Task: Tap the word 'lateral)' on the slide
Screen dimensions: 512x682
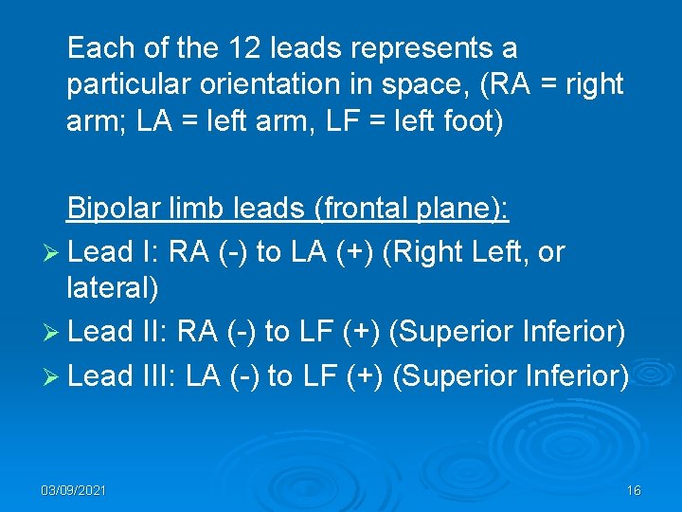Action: (113, 288)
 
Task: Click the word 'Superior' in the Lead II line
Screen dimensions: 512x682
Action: (448, 332)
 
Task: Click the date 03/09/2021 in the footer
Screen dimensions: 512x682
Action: (74, 490)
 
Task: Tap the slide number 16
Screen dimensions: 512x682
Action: (634, 490)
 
